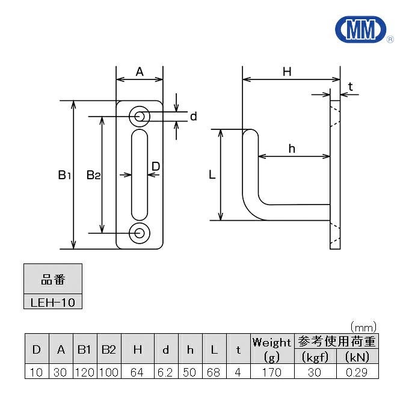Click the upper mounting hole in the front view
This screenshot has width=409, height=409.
[x=140, y=116]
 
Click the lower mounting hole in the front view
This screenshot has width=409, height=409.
[x=140, y=233]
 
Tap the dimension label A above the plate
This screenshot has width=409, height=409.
[x=140, y=72]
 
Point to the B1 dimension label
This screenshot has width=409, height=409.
[x=65, y=175]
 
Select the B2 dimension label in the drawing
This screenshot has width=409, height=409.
[x=93, y=175]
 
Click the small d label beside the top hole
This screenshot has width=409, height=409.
[x=193, y=117]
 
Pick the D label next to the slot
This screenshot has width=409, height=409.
[x=155, y=165]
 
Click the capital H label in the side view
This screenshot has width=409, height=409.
[x=287, y=72]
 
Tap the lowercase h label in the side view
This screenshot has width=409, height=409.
[x=291, y=149]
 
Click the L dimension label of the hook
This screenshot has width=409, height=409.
[x=212, y=175]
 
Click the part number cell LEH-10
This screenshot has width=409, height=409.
[x=53, y=302]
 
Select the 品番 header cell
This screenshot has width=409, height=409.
[x=53, y=280]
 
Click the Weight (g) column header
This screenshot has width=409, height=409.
[x=271, y=349]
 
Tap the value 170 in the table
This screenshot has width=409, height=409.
[x=271, y=372]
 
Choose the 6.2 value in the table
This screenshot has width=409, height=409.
[x=166, y=372]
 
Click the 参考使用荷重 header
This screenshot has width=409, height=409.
[x=336, y=342]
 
